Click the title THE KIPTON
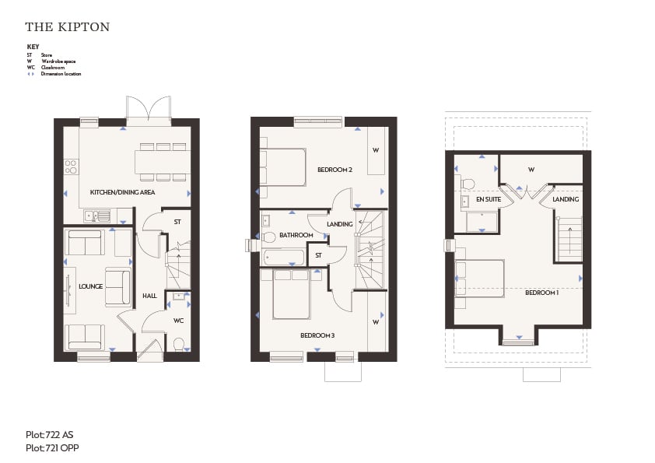(x=67, y=26)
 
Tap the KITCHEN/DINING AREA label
(x=122, y=192)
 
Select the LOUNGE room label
(x=91, y=286)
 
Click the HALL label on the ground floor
(x=149, y=296)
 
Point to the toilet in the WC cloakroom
(x=179, y=343)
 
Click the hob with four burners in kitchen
(x=71, y=167)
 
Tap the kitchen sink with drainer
(x=97, y=216)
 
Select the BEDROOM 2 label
(x=335, y=170)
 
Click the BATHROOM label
(x=296, y=235)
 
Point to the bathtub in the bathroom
(x=284, y=257)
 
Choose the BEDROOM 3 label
(x=317, y=335)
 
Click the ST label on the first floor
(x=319, y=255)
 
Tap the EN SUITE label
(x=489, y=199)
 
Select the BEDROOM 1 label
(x=541, y=293)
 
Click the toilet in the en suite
(x=468, y=184)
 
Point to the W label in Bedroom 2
(x=376, y=150)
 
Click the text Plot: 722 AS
(x=49, y=435)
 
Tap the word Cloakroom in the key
(x=53, y=67)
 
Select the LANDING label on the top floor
(x=566, y=199)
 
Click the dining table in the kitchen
(x=162, y=162)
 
